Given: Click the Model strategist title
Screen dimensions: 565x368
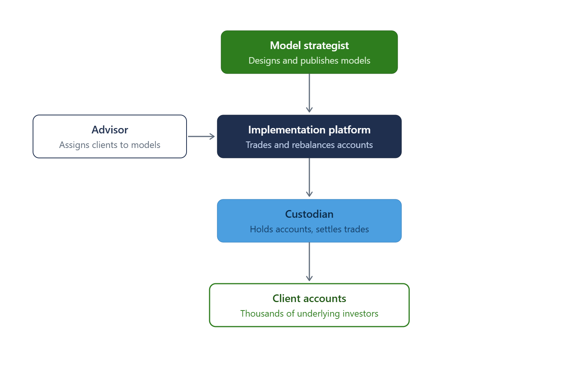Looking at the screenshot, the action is coord(309,46).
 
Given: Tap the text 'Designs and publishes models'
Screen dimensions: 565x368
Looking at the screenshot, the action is coord(309,61).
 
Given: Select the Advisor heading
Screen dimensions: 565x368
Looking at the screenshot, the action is coord(110,130).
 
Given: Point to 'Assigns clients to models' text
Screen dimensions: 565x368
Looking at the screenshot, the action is coord(110,145).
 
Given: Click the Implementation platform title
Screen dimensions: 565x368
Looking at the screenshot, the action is coord(309,130).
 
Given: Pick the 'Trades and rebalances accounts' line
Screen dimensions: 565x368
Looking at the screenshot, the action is coord(309,145).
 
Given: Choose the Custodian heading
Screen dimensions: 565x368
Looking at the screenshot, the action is coord(309,214).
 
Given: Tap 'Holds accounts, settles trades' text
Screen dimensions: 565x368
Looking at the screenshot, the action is coord(309,229).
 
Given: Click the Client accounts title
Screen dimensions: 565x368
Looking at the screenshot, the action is coord(309,299).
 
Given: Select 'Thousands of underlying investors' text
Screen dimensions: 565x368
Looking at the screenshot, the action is coord(309,314).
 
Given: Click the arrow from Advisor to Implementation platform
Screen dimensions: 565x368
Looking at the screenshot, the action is coord(201,136).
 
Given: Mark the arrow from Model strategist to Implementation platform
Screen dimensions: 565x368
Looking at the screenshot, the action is coord(309,93).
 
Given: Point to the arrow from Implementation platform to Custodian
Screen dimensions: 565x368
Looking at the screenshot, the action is coord(309,177).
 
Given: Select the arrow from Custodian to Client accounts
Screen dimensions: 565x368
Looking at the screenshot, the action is coord(309,262).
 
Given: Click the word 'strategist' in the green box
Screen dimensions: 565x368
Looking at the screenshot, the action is coord(326,46).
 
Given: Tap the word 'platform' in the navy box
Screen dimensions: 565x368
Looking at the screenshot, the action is coord(350,130).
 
